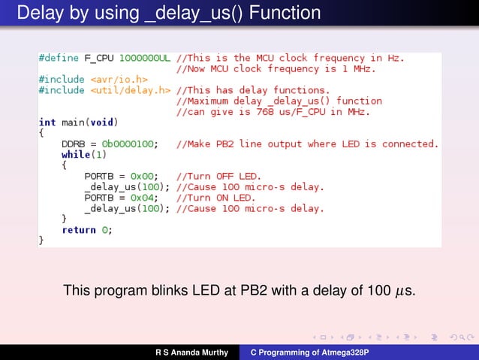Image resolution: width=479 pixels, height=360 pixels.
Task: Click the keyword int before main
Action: pyautogui.click(x=47, y=122)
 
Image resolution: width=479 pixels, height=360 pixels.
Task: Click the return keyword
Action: pyautogui.click(x=79, y=230)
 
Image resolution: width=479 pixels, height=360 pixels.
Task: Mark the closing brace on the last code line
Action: pyautogui.click(x=42, y=241)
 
